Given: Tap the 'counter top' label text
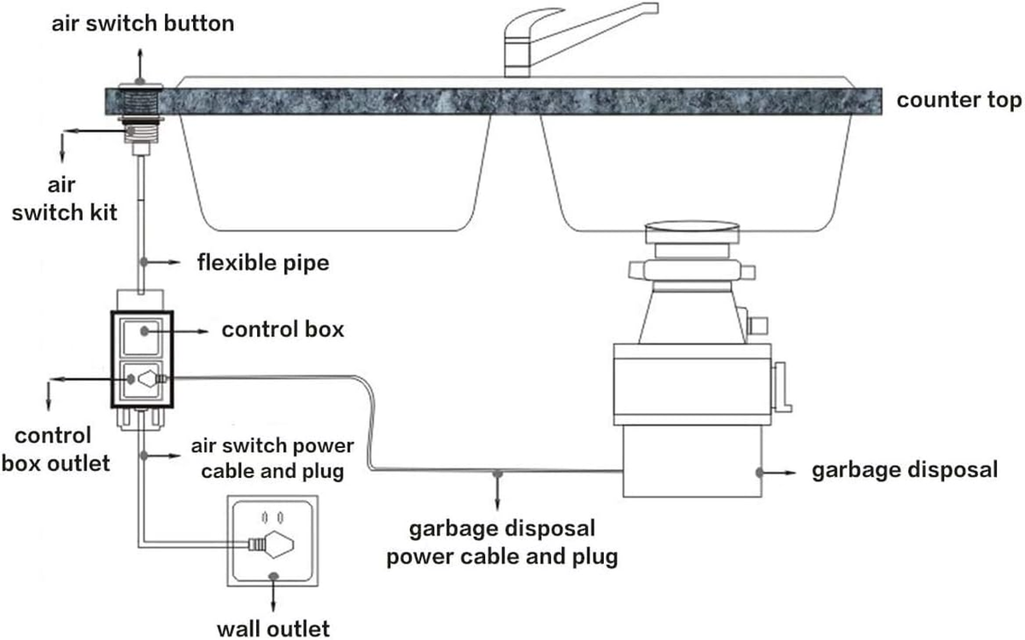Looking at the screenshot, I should coord(958,100).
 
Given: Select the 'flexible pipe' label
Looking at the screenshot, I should coord(263,261).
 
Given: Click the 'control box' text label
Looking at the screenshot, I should coord(283,329).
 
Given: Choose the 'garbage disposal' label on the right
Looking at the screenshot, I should coord(905,470).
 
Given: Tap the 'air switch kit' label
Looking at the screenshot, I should coord(61,197).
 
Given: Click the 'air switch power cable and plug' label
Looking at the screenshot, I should coord(273,458).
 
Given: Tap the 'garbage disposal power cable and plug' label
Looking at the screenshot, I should coord(501,544).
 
